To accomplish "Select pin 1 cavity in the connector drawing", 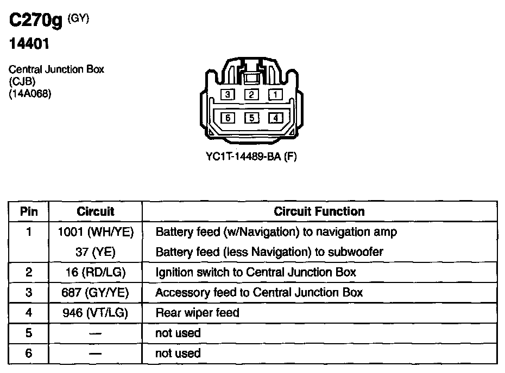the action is pos(275,95).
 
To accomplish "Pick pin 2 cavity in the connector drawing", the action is pos(251,95).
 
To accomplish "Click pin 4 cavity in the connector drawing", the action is pos(275,117).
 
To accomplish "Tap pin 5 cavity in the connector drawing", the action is pos(251,117).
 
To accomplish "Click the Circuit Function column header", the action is pos(319,211).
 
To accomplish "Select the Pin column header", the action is pos(29,211).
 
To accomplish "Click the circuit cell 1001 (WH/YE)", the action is pos(96,232).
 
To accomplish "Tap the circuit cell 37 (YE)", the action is pos(96,252).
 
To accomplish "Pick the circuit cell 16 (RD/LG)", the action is pos(96,272).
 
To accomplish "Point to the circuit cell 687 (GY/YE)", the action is pos(96,293).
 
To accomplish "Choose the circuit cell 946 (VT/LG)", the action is pos(96,313).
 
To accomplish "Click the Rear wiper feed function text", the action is pos(197,313).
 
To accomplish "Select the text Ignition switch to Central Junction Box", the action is pos(256,272).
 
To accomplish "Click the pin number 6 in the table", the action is pos(29,353).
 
